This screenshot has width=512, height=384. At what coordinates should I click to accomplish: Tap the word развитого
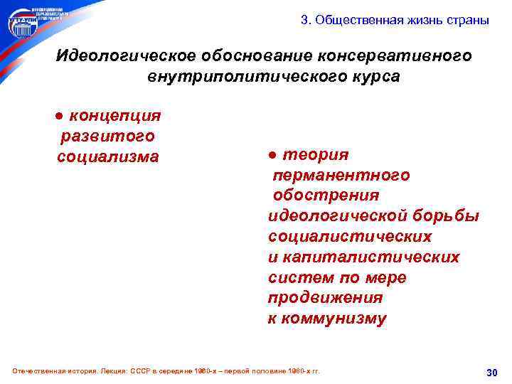point(107,136)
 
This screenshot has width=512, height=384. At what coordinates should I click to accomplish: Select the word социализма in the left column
point(108,156)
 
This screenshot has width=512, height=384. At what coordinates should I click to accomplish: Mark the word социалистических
point(350,236)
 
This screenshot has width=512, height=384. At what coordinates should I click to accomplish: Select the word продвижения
point(325,298)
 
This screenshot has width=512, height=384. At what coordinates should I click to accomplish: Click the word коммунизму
point(334,319)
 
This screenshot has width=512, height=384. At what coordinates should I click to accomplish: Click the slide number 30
point(490,372)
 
